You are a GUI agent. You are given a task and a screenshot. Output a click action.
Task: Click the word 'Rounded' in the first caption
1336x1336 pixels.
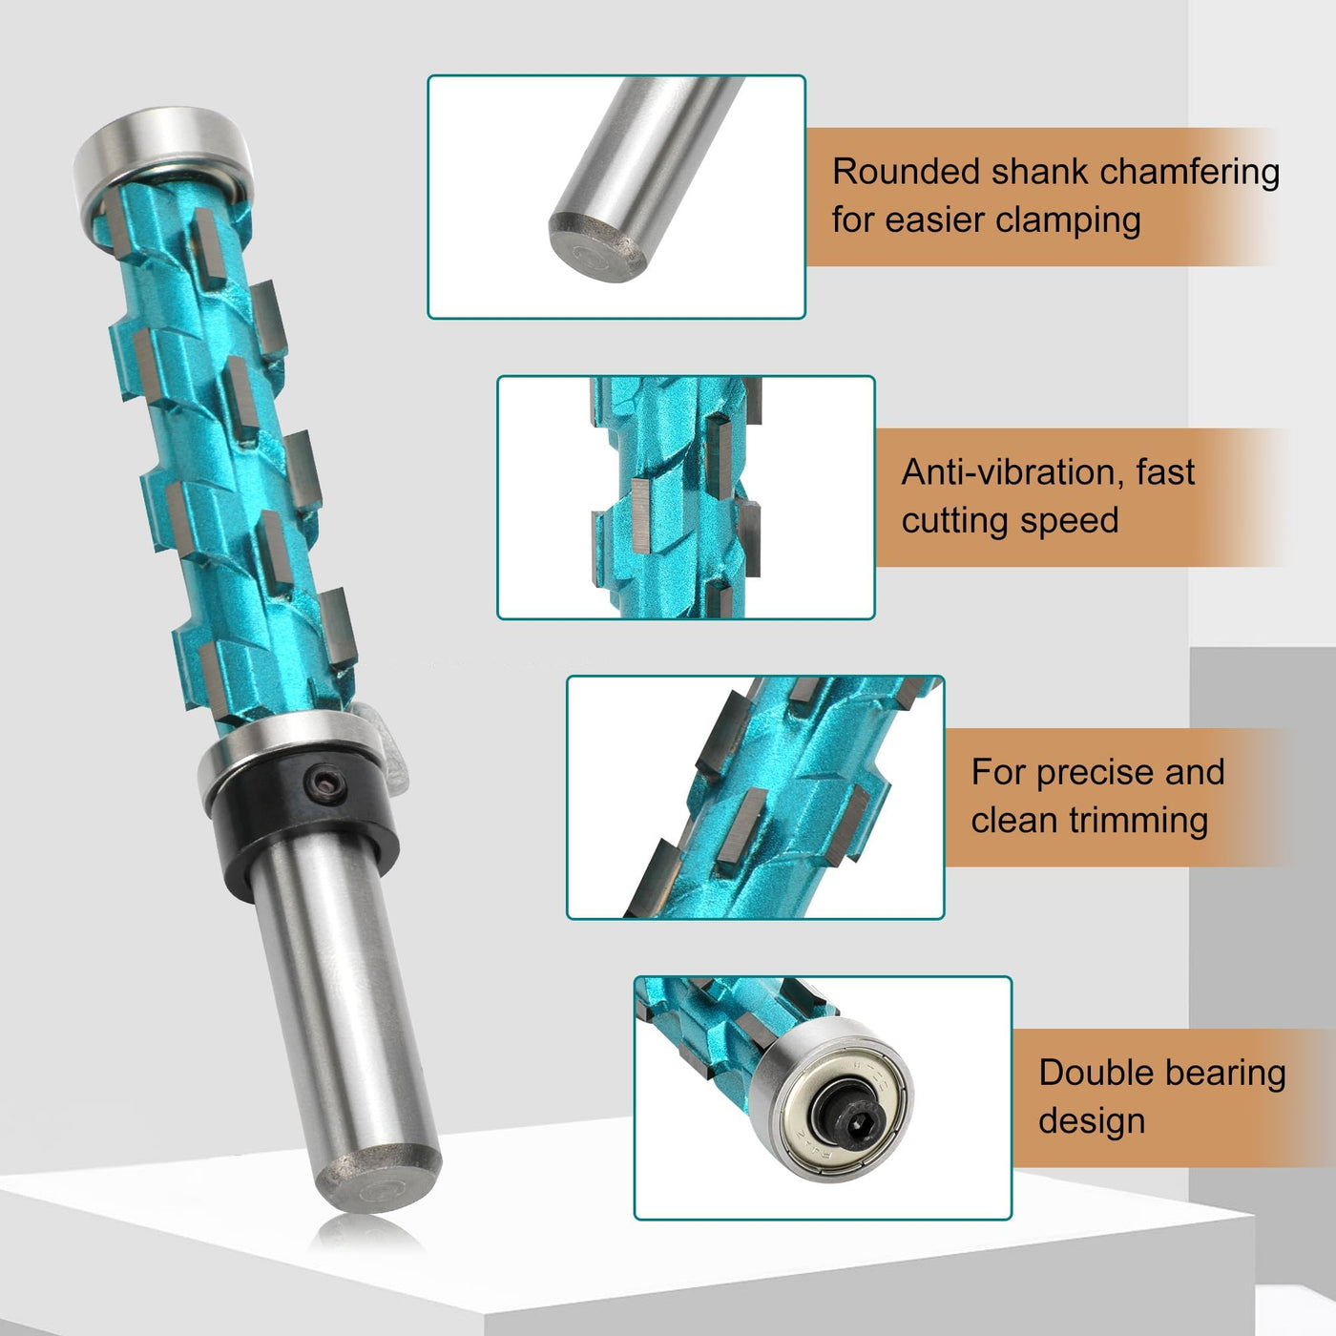point(907,171)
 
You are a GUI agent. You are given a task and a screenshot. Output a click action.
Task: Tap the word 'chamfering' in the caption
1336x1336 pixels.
point(1190,172)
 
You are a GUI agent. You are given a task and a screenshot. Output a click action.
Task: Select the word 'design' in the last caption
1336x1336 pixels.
point(1092,1122)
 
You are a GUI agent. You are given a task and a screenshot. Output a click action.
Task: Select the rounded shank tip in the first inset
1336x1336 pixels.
point(597,244)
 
